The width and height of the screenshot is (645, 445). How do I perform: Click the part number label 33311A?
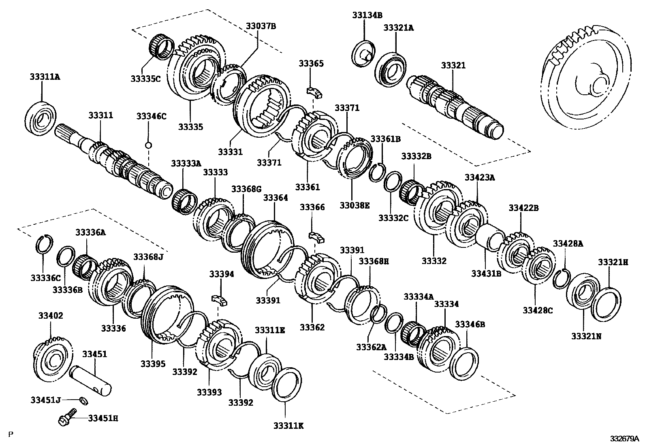pos(44,77)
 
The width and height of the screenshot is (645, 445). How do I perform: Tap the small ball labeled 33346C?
pos(149,145)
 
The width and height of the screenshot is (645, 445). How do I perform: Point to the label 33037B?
pos(261,26)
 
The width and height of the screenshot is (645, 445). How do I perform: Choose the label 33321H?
pos(613,262)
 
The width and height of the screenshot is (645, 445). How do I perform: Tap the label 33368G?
pos(246,189)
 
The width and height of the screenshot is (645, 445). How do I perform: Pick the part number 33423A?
pos(480,177)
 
